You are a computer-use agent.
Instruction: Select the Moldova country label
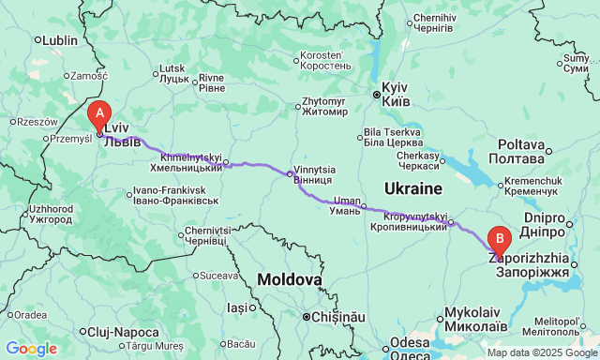tap(290, 279)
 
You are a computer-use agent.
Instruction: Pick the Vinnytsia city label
tap(314, 174)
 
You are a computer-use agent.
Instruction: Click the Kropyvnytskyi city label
tap(415, 222)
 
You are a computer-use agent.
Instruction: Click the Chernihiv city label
tap(434, 23)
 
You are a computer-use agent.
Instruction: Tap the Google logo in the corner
tap(30, 349)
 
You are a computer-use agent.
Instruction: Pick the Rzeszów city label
tap(37, 121)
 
